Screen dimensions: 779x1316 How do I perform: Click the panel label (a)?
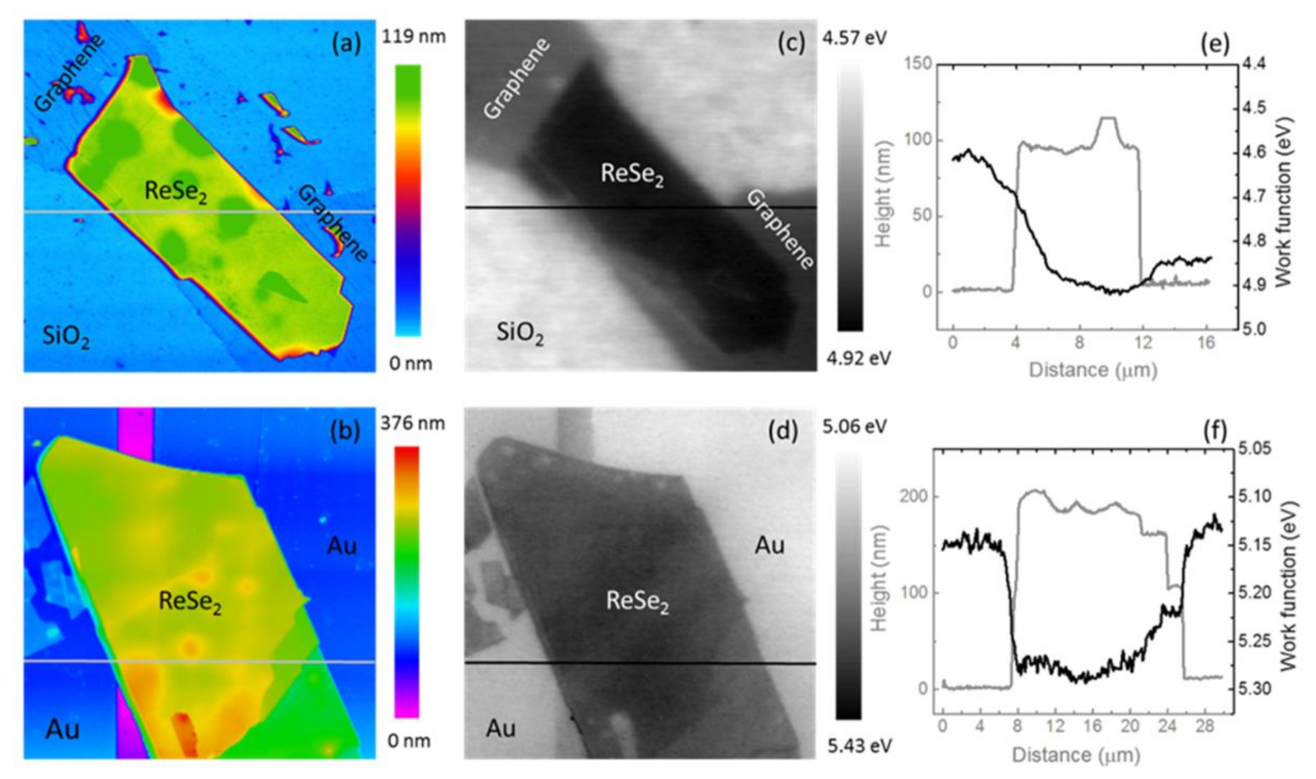[347, 43]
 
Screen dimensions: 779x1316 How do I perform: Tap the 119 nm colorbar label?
[413, 37]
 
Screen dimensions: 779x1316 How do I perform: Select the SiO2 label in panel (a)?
[65, 338]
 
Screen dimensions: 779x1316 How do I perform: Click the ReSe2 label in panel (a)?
[176, 191]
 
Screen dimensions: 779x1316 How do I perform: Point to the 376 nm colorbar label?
[413, 423]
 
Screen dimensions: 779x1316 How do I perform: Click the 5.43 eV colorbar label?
[859, 746]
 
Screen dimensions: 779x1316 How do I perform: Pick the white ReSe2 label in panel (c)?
[632, 174]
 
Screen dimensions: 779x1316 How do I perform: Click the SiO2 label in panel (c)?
[520, 333]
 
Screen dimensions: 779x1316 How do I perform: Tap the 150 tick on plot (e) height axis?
[920, 63]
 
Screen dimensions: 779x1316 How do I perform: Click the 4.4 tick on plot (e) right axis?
[1254, 63]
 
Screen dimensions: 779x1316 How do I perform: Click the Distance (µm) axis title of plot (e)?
[1093, 369]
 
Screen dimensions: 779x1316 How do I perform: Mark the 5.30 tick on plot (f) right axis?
[1254, 689]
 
